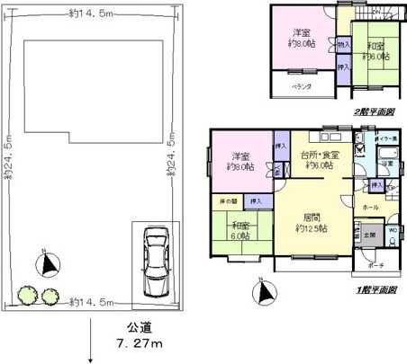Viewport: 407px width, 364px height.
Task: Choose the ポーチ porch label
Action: pyautogui.click(x=376, y=266)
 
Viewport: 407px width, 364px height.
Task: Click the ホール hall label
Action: pyautogui.click(x=370, y=207)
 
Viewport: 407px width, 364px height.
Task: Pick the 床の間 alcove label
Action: pyautogui.click(x=226, y=200)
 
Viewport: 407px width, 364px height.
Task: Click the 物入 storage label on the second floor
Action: pyautogui.click(x=343, y=43)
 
